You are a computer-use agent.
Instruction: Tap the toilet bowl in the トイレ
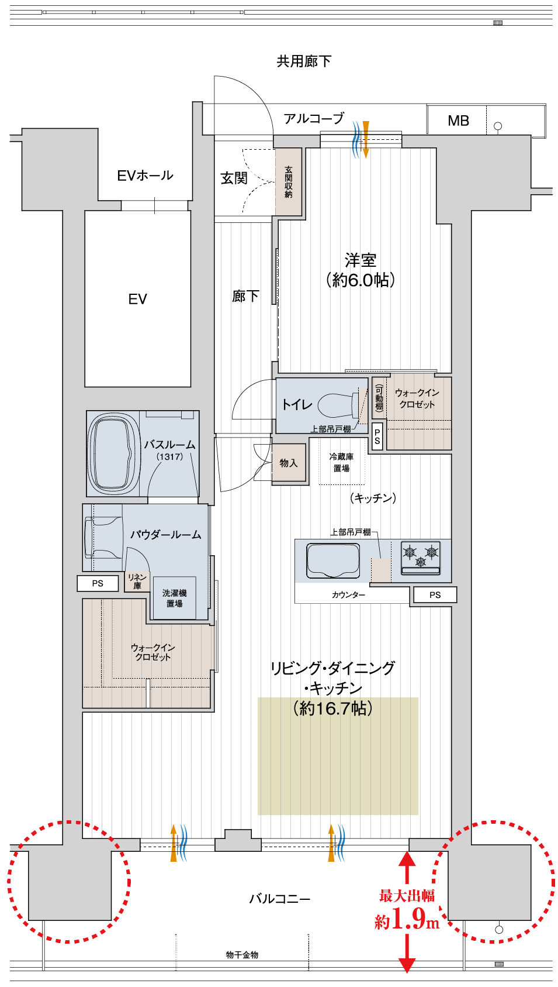[x=338, y=404]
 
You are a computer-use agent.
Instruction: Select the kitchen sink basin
[x=332, y=560]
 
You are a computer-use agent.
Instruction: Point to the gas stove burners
[x=420, y=558]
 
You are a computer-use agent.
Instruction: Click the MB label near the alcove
[x=458, y=121]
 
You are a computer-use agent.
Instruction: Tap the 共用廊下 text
[x=304, y=61]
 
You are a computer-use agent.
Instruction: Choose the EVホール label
[x=145, y=176]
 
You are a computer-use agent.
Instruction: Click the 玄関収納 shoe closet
[x=288, y=181]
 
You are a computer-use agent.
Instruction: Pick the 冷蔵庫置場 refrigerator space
[x=341, y=462]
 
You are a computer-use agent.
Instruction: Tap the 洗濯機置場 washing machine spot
[x=174, y=598]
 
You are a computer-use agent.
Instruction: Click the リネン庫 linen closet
[x=137, y=581]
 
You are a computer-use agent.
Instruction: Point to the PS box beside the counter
[x=435, y=595]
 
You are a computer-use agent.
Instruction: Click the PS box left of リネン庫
[x=98, y=583]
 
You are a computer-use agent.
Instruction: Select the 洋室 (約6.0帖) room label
[x=361, y=270]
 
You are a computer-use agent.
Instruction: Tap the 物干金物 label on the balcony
[x=242, y=954]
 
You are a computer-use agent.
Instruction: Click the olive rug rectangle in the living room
[x=338, y=756]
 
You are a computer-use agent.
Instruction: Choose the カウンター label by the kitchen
[x=348, y=595]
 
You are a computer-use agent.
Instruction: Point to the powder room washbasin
[x=104, y=538]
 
